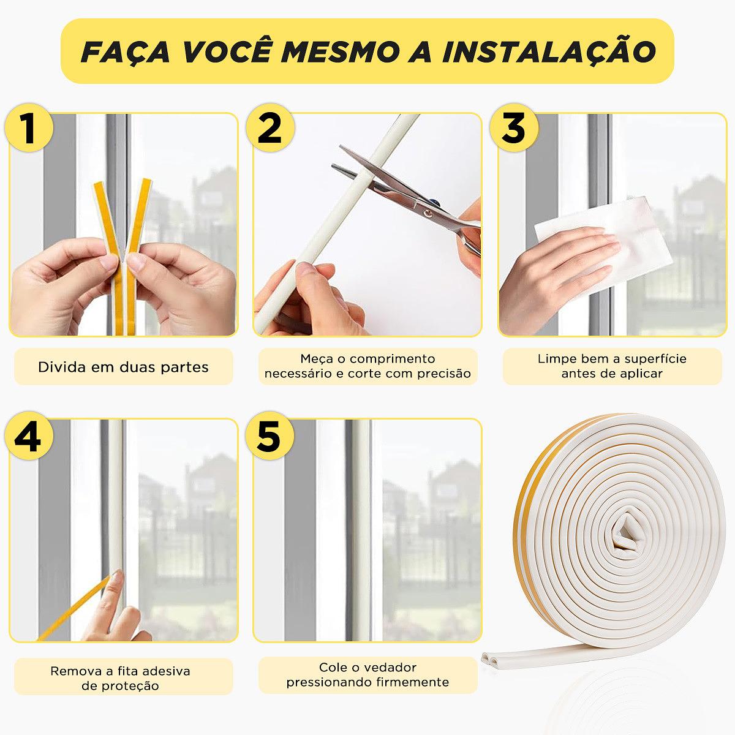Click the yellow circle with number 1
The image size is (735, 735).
pos(29,128)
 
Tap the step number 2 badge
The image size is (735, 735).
pos(270,128)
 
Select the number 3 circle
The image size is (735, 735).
pos(514,128)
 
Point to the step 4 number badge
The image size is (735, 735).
pos(29,435)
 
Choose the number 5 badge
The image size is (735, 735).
pos(269,435)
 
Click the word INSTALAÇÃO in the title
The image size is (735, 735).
pos(549,52)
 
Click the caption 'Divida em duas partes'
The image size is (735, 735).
pos(123,367)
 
